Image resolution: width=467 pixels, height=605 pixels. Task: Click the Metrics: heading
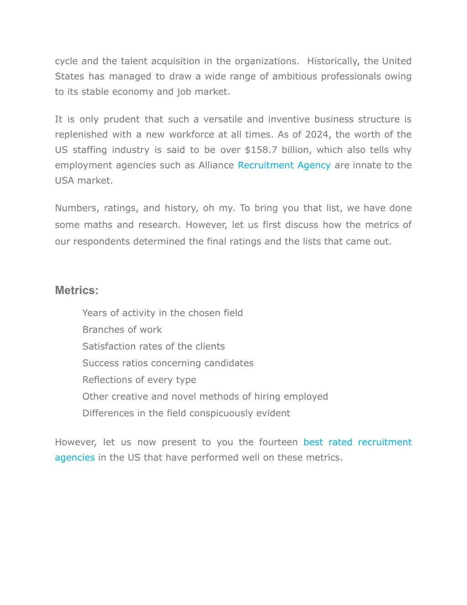point(77,290)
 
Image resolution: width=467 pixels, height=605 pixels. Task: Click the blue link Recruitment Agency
point(284,165)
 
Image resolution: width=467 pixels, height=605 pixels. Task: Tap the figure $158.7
point(261,150)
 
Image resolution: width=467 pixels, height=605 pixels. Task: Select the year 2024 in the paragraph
point(317,135)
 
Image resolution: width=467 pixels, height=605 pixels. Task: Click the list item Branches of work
point(122,330)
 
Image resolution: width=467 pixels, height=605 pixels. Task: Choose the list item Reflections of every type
point(139,380)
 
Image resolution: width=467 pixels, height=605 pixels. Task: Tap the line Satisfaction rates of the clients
point(153,347)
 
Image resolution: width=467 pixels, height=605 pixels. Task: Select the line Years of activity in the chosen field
point(162,313)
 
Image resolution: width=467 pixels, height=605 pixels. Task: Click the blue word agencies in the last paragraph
point(75,458)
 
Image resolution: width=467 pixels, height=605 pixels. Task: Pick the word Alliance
point(216,165)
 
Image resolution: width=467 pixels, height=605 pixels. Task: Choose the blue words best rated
point(327,442)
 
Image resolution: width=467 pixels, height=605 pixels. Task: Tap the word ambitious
point(295,76)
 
